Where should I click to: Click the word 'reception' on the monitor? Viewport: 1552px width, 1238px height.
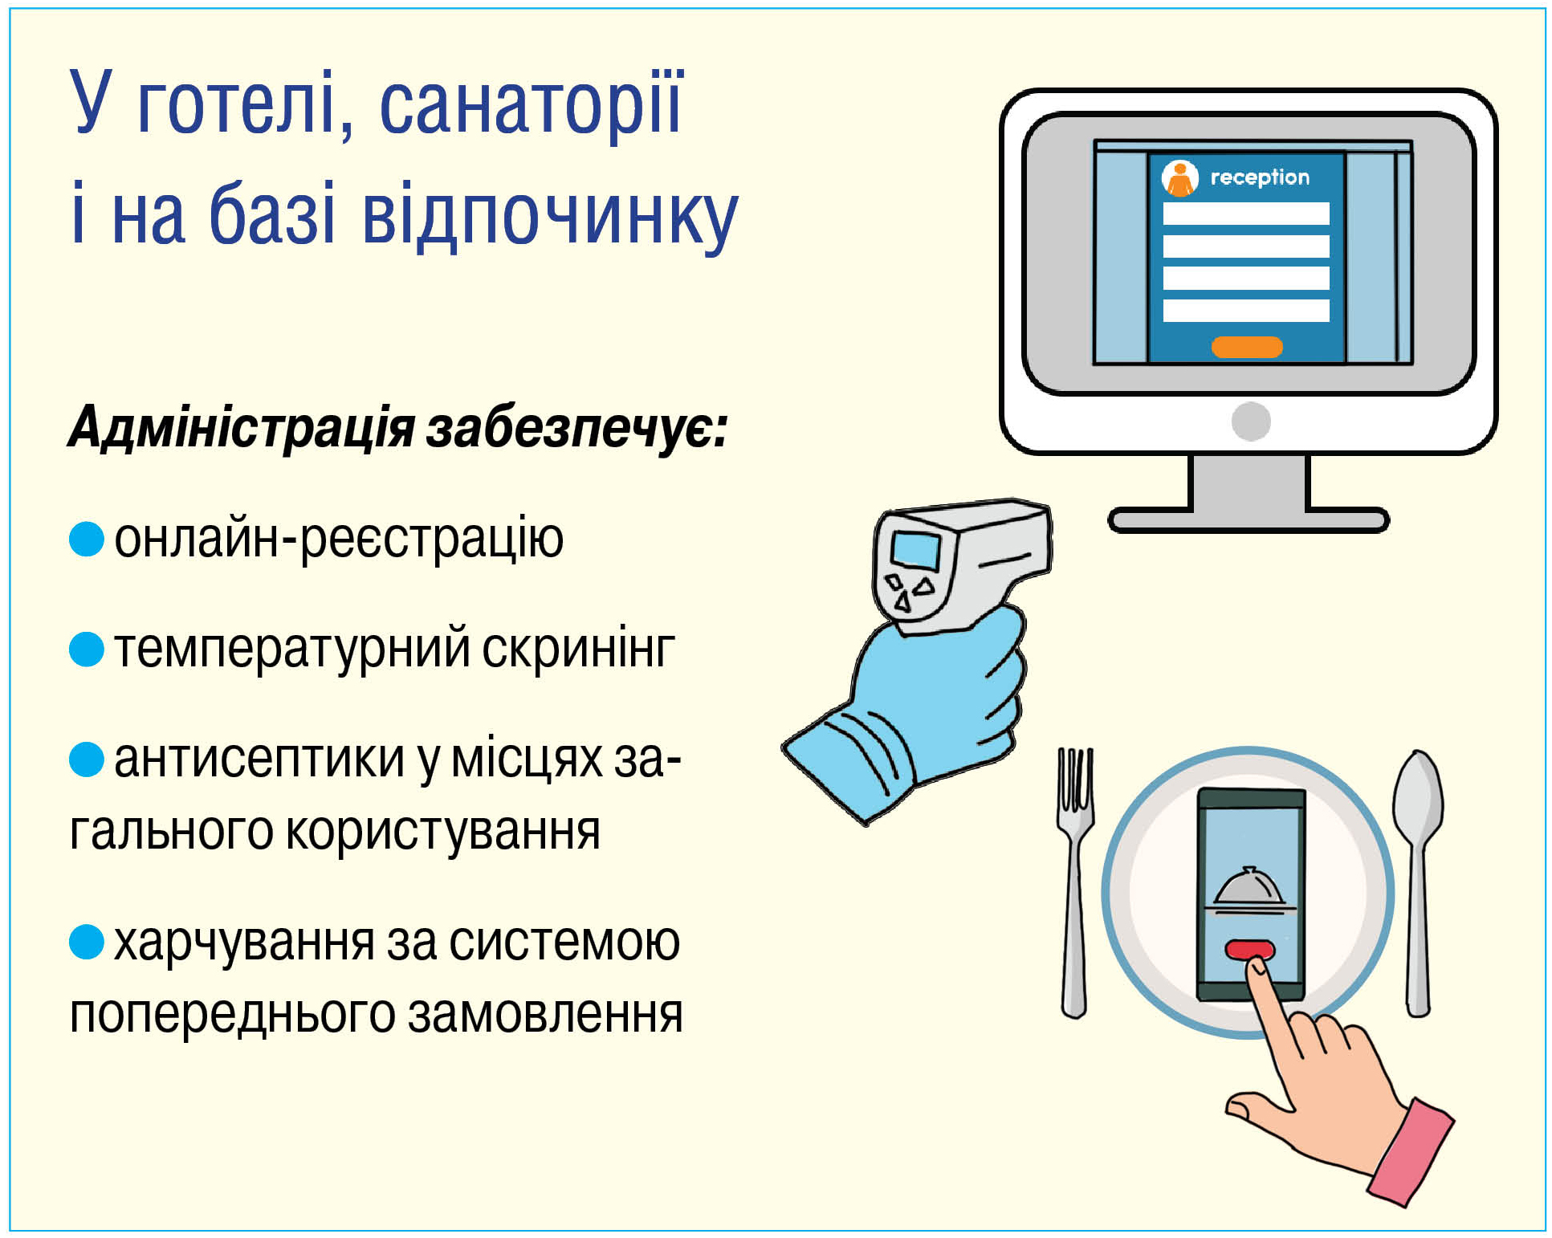1259,177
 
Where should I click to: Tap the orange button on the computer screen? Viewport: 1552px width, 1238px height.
1246,347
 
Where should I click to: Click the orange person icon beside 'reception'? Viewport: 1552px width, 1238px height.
1179,178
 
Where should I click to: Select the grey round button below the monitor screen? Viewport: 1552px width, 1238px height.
1250,421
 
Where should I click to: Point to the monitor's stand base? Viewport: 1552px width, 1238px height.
1248,520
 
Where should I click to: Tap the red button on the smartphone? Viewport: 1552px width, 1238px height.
1249,950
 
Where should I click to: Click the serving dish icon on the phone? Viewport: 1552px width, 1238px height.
1249,891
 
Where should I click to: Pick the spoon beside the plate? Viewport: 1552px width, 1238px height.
1418,882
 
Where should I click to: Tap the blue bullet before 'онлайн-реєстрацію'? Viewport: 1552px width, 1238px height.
87,539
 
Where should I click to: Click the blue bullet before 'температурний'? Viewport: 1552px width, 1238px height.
87,650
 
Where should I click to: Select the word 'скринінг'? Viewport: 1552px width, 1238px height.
578,650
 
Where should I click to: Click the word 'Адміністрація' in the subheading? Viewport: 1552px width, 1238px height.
241,427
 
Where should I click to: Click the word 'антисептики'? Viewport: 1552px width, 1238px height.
259,759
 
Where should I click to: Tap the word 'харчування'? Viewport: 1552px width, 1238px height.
244,943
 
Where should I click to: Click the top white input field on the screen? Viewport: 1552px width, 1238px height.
1246,214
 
